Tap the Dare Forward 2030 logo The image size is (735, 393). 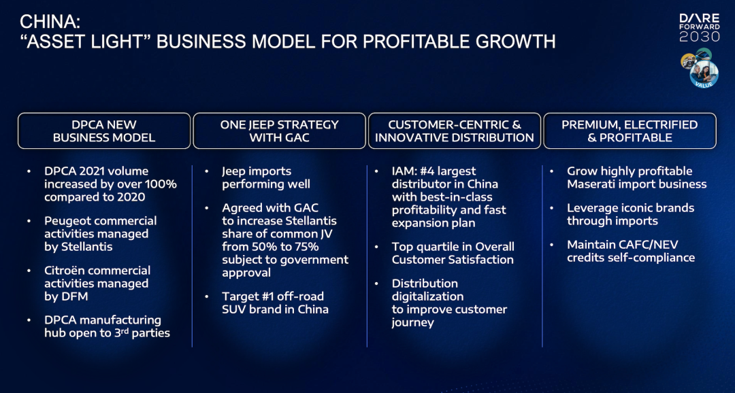[700, 28]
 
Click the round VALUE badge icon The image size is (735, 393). [704, 74]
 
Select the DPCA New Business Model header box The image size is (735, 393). [104, 131]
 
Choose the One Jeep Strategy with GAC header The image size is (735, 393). [280, 131]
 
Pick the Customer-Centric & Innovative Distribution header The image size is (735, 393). [454, 131]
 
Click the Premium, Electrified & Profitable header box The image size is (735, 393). [630, 131]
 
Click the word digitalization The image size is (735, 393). [427, 297]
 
